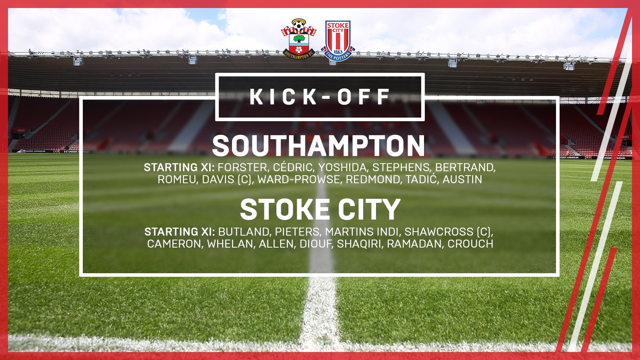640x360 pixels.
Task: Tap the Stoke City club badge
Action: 338,40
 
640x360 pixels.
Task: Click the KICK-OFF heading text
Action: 320,97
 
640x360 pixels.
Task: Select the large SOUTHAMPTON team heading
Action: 318,146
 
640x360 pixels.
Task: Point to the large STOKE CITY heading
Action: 320,210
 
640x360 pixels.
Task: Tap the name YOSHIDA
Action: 342,168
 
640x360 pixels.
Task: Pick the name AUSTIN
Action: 462,180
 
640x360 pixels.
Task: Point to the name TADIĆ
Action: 422,179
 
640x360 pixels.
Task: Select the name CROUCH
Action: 470,244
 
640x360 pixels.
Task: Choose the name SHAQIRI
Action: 360,244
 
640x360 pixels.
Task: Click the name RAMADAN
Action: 414,244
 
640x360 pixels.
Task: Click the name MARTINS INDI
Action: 362,232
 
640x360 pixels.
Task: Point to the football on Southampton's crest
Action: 298,27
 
